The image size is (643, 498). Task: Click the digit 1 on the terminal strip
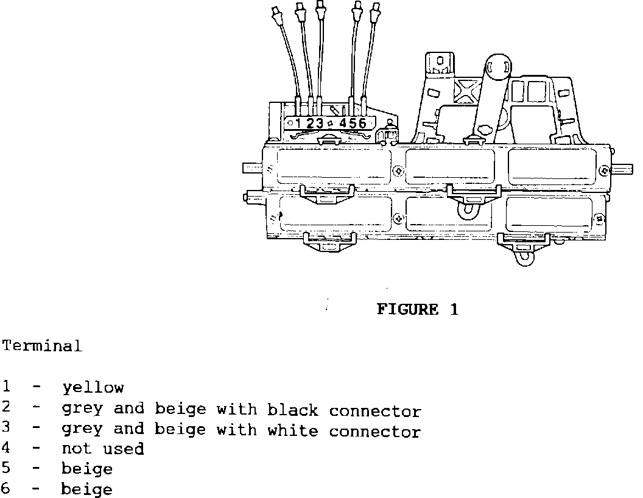[x=298, y=124]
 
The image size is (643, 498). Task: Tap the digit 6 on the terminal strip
[x=362, y=124]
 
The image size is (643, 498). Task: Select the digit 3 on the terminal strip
[x=319, y=124]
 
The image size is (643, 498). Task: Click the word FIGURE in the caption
[x=407, y=309]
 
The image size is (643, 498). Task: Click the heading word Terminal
[x=41, y=346]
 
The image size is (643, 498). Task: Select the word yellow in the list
[x=93, y=388]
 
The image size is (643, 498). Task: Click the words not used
[x=102, y=449]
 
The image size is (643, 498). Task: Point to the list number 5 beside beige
[x=5, y=469]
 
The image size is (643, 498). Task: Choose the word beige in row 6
[x=86, y=489]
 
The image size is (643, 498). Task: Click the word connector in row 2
[x=375, y=410]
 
